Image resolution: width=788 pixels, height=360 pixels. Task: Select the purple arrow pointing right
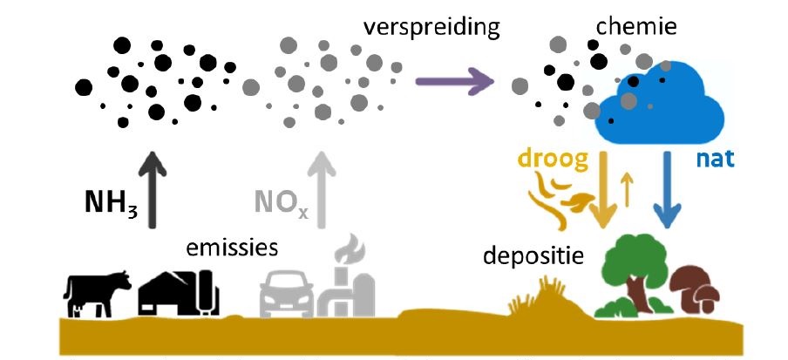pos(455,81)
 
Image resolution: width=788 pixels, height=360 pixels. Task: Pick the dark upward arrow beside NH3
pos(153,190)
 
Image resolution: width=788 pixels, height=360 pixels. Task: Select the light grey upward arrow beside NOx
pos(323,190)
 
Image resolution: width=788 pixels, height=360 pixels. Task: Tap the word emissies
pos(232,248)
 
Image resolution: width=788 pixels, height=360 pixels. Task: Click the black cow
pos(96,293)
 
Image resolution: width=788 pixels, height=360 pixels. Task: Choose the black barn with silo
pos(179,292)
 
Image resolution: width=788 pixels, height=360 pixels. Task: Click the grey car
pos(287,294)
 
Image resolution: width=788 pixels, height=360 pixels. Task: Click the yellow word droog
pos(553,159)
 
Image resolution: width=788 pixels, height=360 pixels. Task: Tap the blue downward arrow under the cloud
pos(668,189)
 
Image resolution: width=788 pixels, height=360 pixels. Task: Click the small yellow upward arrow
pos(626,189)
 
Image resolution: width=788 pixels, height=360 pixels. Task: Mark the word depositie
pos(533,256)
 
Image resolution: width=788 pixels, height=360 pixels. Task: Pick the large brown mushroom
pos(688,282)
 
